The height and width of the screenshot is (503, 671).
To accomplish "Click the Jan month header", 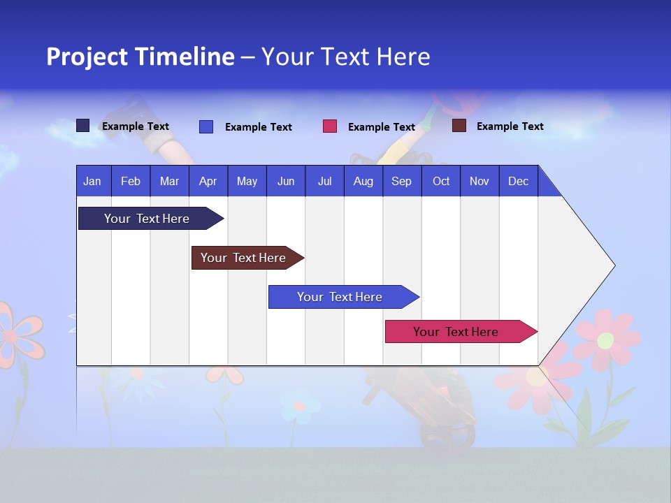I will (92, 181).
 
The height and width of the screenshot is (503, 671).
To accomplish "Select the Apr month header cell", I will (208, 181).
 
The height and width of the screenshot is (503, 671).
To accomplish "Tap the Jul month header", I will (324, 181).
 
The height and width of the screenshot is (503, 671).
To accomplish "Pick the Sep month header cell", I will (401, 181).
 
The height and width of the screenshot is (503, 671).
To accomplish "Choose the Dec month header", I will (518, 181).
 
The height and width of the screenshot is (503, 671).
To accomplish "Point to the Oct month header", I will (441, 181).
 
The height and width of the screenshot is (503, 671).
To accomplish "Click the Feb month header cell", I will (131, 181).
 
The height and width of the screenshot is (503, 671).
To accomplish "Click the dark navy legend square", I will (83, 126).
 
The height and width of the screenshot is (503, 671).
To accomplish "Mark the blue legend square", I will (206, 126).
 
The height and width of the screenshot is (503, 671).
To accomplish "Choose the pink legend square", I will (330, 126).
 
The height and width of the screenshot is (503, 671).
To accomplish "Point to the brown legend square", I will (459, 126).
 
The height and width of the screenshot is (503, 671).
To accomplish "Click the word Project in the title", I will (87, 57).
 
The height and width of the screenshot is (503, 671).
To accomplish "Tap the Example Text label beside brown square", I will (510, 126).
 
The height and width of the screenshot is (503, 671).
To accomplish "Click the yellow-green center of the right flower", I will (606, 340).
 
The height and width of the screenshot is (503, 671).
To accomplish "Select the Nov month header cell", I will (479, 181).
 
